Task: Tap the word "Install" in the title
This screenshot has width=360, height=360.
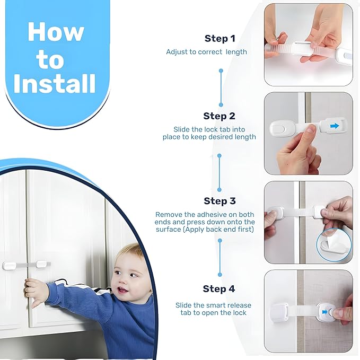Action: (x=55, y=84)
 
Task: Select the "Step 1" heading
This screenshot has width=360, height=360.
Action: (x=219, y=39)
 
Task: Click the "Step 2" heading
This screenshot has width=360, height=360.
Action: (x=219, y=116)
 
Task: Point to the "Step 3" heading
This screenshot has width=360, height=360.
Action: (x=219, y=201)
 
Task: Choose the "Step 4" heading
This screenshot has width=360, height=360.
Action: (x=218, y=289)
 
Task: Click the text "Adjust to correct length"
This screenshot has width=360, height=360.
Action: (x=206, y=52)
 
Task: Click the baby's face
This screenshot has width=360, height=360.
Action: (x=127, y=278)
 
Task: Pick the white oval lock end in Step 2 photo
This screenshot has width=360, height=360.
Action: (x=282, y=127)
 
